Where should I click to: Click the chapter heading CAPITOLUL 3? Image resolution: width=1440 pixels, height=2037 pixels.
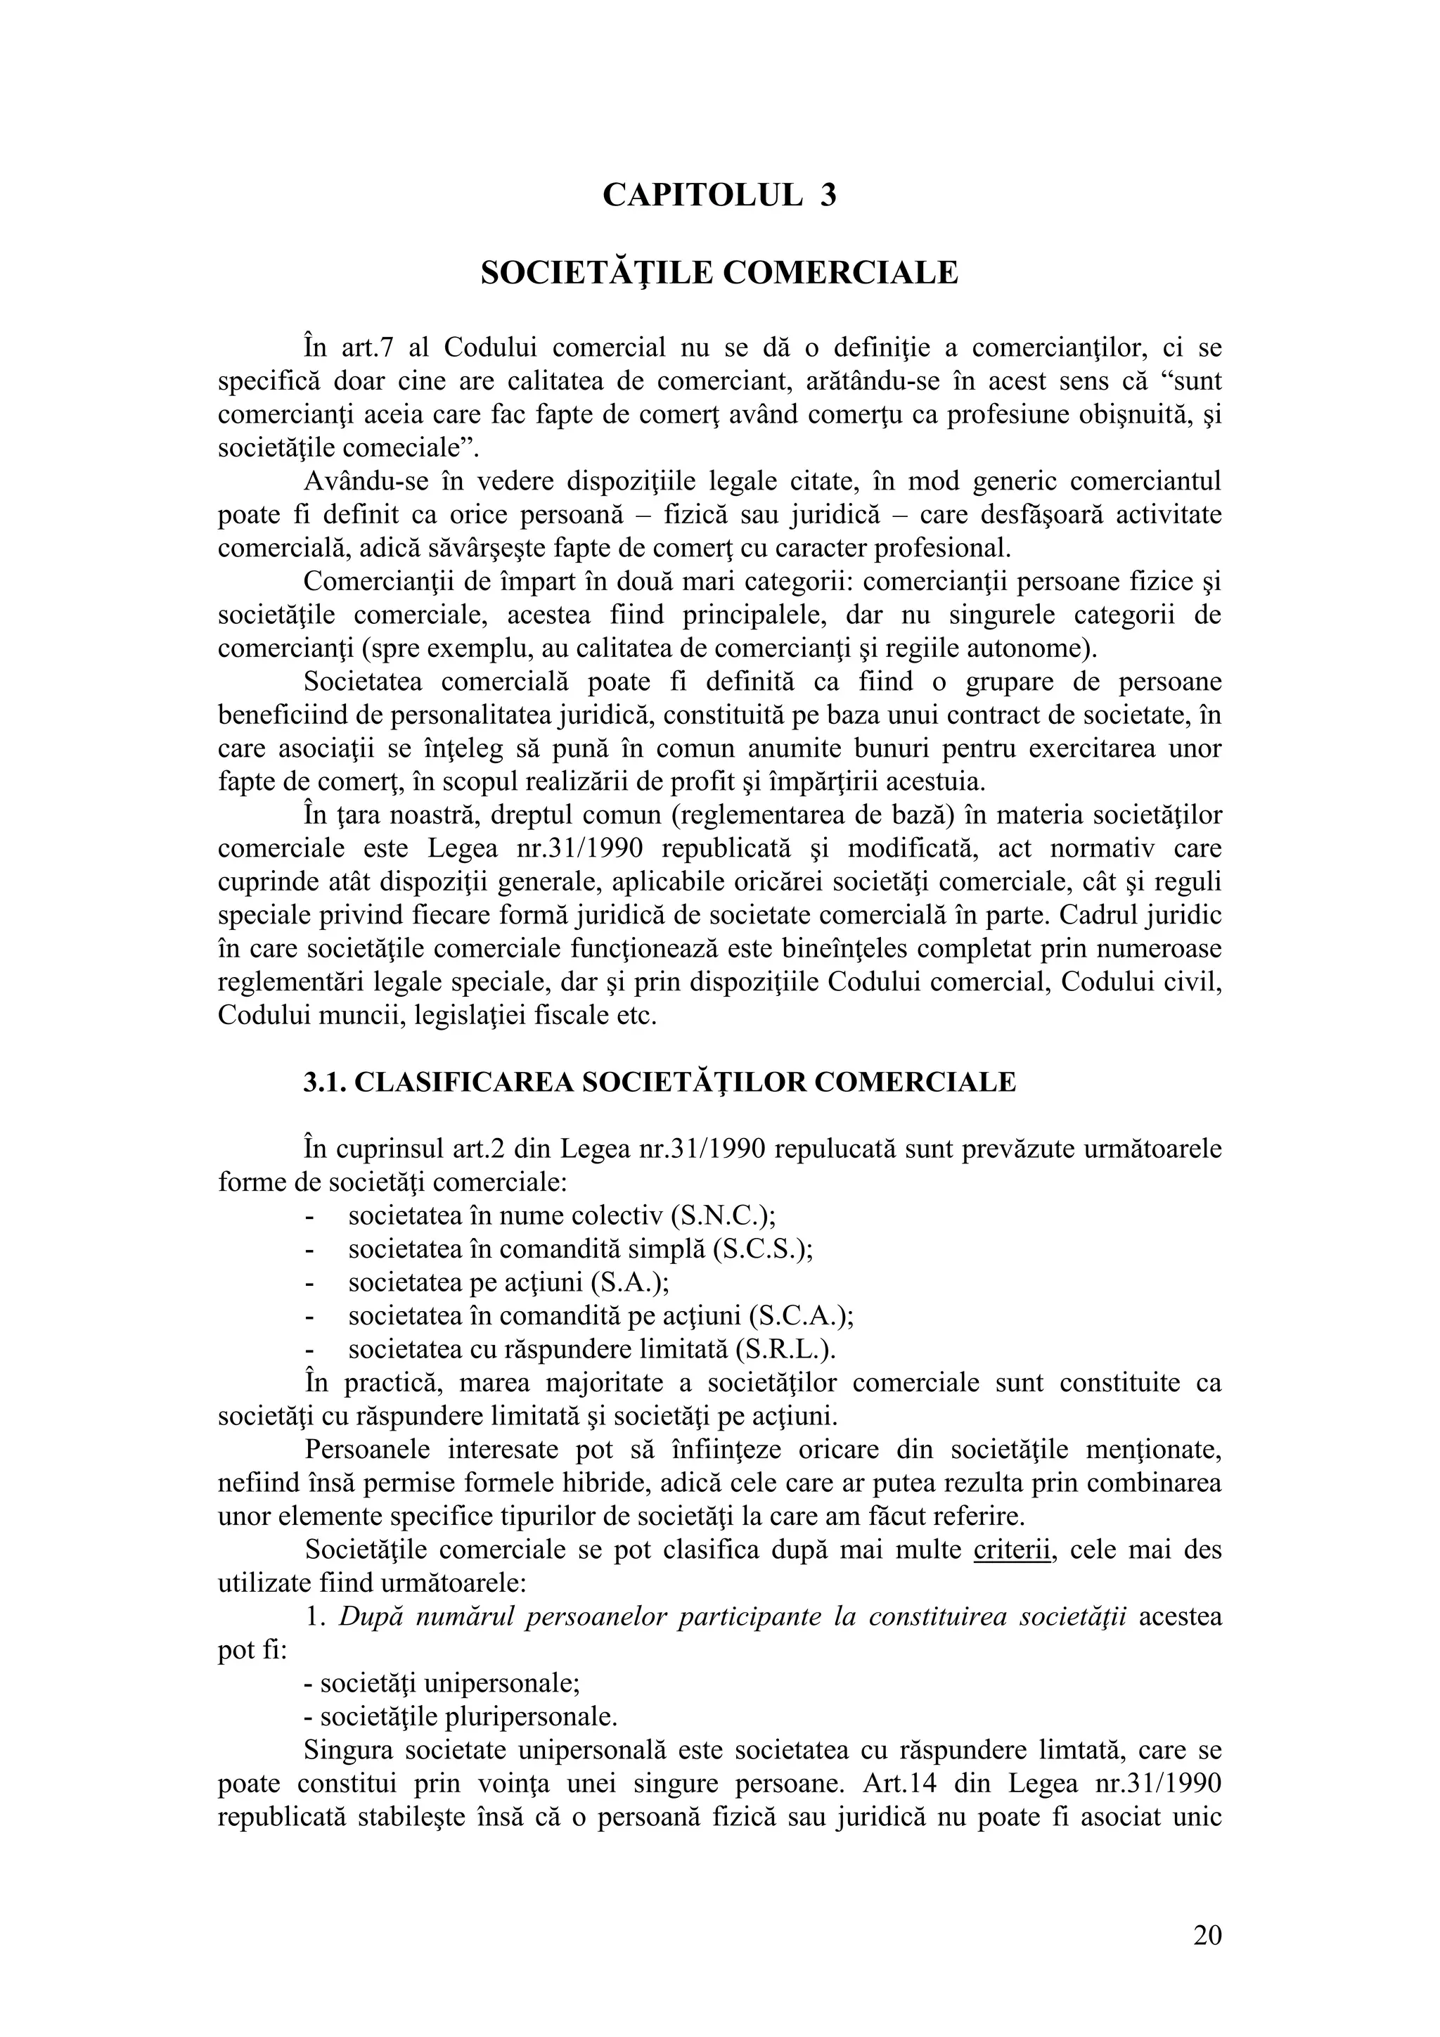(719, 194)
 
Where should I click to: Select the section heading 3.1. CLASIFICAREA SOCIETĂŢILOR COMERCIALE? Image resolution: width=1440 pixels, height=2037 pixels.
(660, 1083)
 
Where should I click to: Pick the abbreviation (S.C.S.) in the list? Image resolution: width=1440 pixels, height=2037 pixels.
(763, 1249)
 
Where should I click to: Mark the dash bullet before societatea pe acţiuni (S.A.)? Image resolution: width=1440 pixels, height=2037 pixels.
(309, 1283)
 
